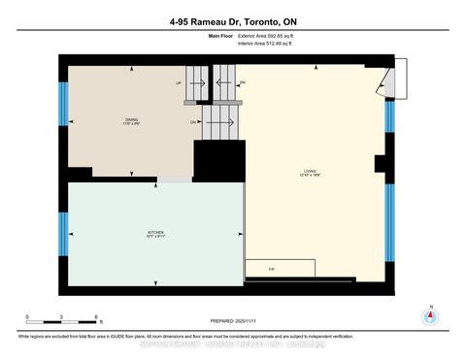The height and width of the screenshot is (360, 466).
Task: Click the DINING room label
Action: pyautogui.click(x=117, y=119)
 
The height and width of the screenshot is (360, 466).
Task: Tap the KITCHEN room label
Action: pyautogui.click(x=154, y=234)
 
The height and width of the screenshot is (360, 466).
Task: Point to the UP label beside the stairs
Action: pyautogui.click(x=179, y=83)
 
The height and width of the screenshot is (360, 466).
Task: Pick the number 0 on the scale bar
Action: pyautogui.click(x=28, y=317)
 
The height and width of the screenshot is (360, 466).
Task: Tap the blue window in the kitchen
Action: pyautogui.click(x=64, y=231)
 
